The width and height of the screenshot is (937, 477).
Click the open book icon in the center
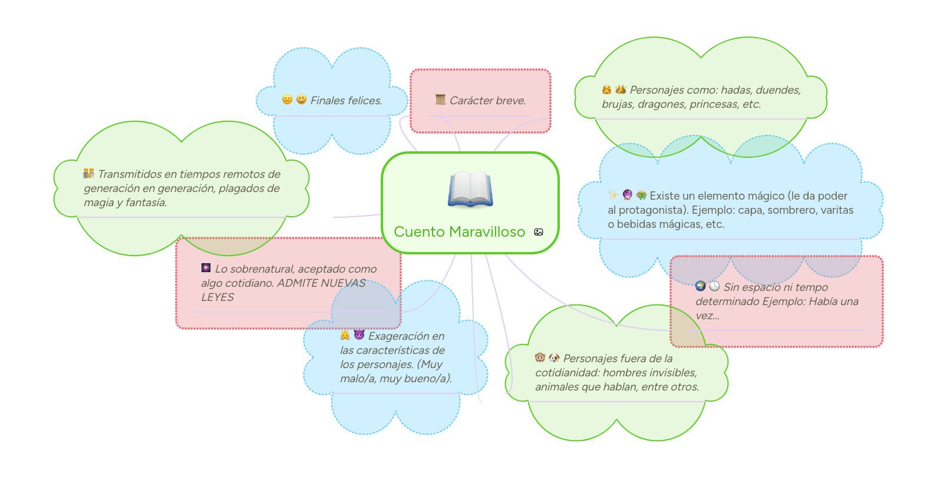[x=470, y=190]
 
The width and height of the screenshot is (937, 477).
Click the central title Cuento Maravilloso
[x=459, y=232]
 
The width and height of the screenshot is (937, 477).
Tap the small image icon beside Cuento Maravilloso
[x=539, y=232]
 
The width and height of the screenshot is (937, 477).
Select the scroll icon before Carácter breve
[x=440, y=100]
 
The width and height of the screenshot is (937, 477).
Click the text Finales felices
[x=346, y=101]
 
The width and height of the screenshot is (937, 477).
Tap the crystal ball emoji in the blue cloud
[x=628, y=195]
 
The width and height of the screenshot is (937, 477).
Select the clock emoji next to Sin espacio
[x=714, y=286]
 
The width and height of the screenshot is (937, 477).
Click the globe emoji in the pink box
[x=700, y=286]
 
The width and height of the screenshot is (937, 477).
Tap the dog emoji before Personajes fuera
[x=555, y=357]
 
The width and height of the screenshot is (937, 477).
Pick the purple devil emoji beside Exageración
[x=359, y=335]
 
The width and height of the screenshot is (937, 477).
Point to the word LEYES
[x=217, y=297]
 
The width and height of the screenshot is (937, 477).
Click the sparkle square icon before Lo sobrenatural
[x=206, y=268]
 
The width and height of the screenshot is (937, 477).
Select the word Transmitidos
[x=130, y=174]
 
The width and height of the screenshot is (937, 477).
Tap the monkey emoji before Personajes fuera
[x=540, y=357]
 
